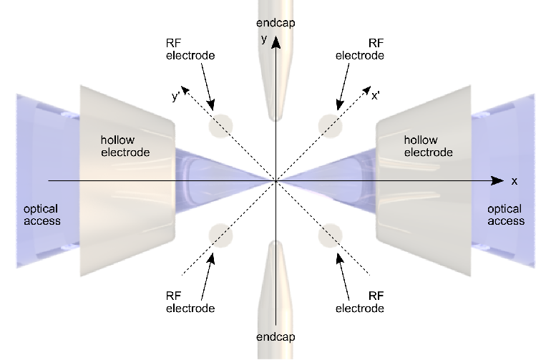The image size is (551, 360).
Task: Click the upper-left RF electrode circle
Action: [x=220, y=126]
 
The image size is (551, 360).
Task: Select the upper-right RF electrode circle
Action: [x=331, y=126]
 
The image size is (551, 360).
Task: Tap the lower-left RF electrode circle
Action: [x=220, y=235]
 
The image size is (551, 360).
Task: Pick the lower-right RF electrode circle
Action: [x=331, y=235]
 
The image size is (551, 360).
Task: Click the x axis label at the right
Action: [x=515, y=181]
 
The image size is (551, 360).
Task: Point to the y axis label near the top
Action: [x=264, y=39]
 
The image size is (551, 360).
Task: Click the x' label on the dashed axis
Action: [x=376, y=96]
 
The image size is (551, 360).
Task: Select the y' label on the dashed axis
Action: [x=176, y=97]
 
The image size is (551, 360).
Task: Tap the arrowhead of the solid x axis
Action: [x=497, y=180]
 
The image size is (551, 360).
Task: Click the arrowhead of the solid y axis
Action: [x=276, y=42]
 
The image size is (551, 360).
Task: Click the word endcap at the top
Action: [x=275, y=23]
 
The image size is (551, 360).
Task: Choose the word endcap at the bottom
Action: [x=275, y=337]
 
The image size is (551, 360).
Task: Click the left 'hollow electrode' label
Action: [x=125, y=146]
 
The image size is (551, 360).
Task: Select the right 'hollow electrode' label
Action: [x=428, y=146]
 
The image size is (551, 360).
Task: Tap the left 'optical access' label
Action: [x=42, y=215]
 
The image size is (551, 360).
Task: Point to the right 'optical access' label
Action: [x=506, y=215]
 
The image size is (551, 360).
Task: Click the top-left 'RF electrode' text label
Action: [x=190, y=49]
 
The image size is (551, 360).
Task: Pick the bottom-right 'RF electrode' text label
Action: [x=359, y=302]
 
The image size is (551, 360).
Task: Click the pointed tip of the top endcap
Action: [x=275, y=120]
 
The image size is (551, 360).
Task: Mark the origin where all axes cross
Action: [x=276, y=180]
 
